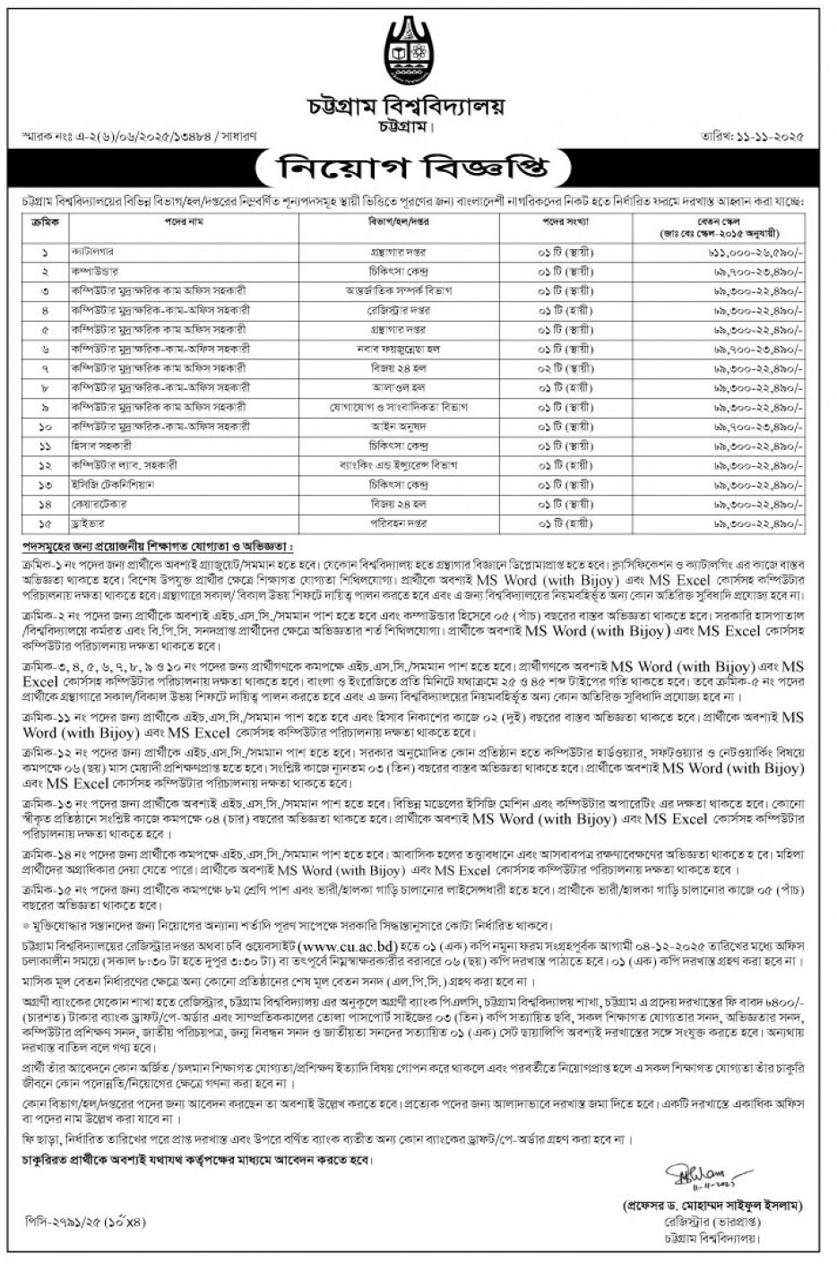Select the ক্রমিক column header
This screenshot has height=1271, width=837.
(44, 220)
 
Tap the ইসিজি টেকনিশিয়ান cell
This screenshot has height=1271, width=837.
(107, 484)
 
